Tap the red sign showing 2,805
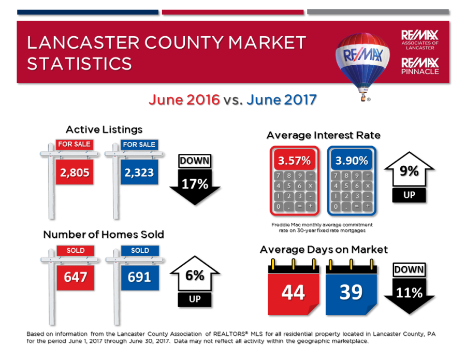pyautogui.click(x=75, y=172)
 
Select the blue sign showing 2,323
pyautogui.click(x=139, y=172)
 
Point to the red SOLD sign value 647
pyautogui.click(x=76, y=277)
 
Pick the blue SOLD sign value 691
pyautogui.click(x=139, y=277)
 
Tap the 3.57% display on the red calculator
pyautogui.click(x=294, y=161)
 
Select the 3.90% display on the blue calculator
pyautogui.click(x=352, y=161)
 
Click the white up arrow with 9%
pyautogui.click(x=409, y=171)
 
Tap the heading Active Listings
pyautogui.click(x=104, y=129)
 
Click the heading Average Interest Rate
pyautogui.click(x=324, y=135)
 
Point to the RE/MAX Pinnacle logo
pyautogui.click(x=420, y=66)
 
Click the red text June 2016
pyautogui.click(x=184, y=99)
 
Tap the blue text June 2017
pyautogui.click(x=281, y=99)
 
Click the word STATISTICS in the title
pyautogui.click(x=79, y=64)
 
